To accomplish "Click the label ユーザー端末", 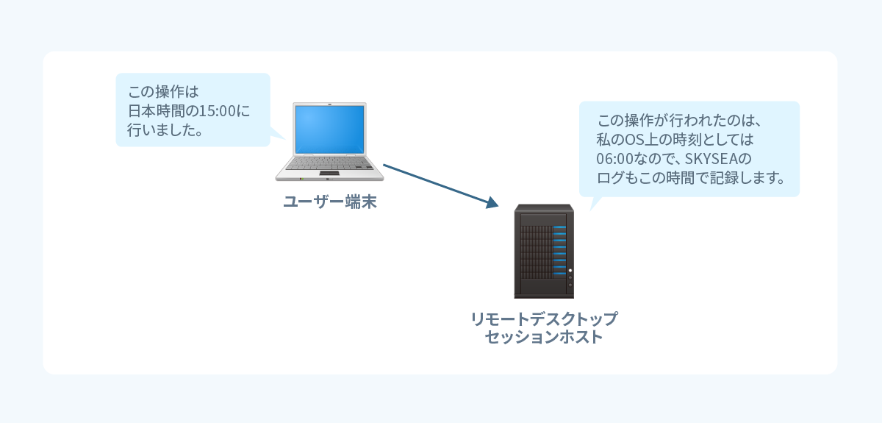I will tap(330, 202).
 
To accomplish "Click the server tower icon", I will tap(544, 250).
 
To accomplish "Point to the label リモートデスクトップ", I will tap(544, 320).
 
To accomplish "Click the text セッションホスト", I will tap(544, 338).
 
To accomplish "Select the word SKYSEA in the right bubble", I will tap(711, 159).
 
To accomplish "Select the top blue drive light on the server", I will tap(559, 228).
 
